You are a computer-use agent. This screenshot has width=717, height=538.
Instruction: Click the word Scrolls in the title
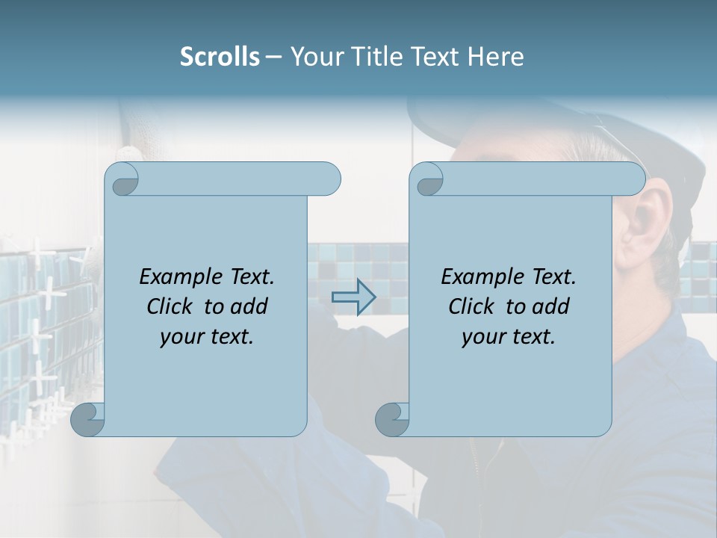tap(220, 57)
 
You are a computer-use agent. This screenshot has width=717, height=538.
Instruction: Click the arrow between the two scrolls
tap(353, 297)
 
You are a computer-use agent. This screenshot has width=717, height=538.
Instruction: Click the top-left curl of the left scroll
tap(122, 179)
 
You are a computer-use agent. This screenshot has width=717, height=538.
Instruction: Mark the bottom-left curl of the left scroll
tap(88, 419)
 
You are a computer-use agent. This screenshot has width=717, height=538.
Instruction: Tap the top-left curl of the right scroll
tap(427, 179)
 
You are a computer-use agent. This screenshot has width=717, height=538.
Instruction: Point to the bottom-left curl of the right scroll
tap(392, 419)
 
